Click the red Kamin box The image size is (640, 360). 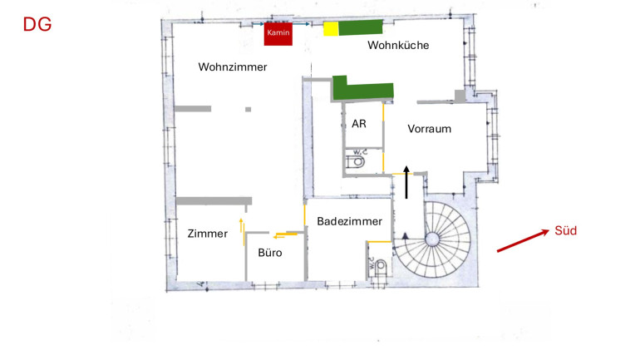(278, 34)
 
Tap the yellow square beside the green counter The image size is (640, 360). (331, 28)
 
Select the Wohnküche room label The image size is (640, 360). (398, 45)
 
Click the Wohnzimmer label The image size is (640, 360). (233, 67)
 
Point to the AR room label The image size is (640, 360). (359, 124)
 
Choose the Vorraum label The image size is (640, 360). (430, 129)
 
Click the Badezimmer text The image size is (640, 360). (350, 221)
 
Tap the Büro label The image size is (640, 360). (270, 253)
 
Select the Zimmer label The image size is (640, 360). (207, 234)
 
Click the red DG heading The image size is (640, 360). (37, 24)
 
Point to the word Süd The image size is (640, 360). (565, 230)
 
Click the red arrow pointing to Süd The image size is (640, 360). (523, 241)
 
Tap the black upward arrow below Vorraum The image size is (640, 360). (406, 182)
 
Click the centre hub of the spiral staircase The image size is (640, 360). (432, 239)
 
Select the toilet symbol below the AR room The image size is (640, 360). (356, 160)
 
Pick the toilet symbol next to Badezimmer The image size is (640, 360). (379, 266)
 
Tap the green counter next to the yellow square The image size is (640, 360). (361, 27)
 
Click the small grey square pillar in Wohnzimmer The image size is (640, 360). (249, 110)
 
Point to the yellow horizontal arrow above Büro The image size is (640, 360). (285, 235)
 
